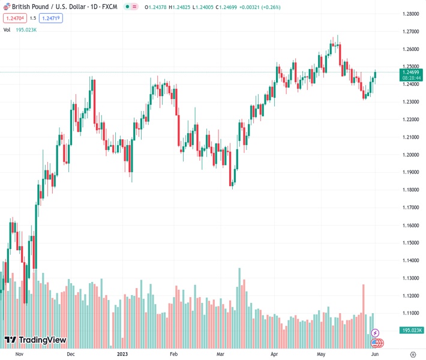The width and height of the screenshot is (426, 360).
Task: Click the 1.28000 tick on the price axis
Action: pyautogui.click(x=410, y=14)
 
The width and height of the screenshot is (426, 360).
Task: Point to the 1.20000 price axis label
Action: pyautogui.click(x=410, y=155)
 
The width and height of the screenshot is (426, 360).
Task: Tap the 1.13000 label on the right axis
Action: pyautogui.click(x=410, y=278)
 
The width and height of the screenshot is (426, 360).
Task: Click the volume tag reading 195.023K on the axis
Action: pyautogui.click(x=411, y=330)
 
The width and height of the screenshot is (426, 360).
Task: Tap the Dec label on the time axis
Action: pyautogui.click(x=71, y=354)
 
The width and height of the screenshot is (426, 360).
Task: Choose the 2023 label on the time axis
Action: pyautogui.click(x=122, y=354)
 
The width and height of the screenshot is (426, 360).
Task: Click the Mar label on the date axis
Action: pyautogui.click(x=220, y=354)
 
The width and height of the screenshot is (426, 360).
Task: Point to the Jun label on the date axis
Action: pyautogui.click(x=375, y=354)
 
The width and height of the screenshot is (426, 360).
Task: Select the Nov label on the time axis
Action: pyautogui.click(x=19, y=354)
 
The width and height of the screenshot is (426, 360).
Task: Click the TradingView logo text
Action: pyautogui.click(x=42, y=340)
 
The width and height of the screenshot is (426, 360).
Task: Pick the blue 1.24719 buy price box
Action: pyautogui.click(x=50, y=18)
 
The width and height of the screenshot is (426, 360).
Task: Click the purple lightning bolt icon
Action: pyautogui.click(x=376, y=332)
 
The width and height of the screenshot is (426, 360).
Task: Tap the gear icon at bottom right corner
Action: pyautogui.click(x=413, y=354)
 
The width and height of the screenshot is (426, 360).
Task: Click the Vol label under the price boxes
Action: pyautogui.click(x=7, y=29)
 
